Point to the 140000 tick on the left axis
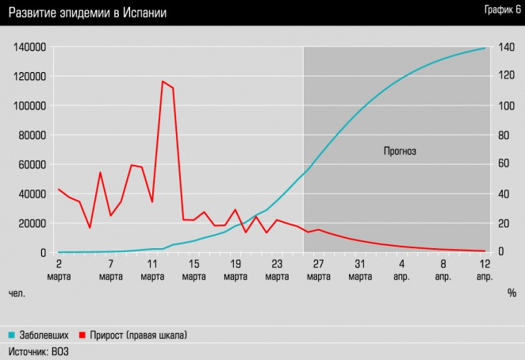pyautogui.click(x=29, y=47)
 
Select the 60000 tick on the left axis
pyautogui.click(x=31, y=164)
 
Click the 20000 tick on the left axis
pyautogui.click(x=31, y=223)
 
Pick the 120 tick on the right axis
pyautogui.click(x=506, y=76)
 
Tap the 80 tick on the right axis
pyautogui.click(x=504, y=135)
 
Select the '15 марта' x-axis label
pyautogui.click(x=194, y=270)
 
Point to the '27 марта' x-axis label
pyautogui.click(x=318, y=270)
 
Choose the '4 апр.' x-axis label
pyautogui.click(x=401, y=270)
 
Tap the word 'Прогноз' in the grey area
pyautogui.click(x=400, y=150)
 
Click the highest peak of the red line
pyautogui.click(x=163, y=82)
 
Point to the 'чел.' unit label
pyautogui.click(x=17, y=293)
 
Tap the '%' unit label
pyautogui.click(x=512, y=293)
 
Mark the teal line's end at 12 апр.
pyautogui.click(x=485, y=48)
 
